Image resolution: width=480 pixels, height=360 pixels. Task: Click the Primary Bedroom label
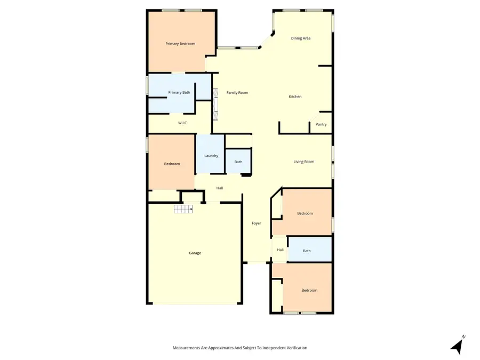tap(180, 44)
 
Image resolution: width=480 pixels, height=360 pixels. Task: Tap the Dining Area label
tap(301, 38)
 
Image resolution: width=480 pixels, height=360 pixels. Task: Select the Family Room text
tap(237, 93)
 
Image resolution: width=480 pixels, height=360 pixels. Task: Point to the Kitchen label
tap(295, 97)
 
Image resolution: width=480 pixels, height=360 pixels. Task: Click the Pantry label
tap(321, 125)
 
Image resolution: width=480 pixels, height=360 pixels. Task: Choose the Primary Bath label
tap(179, 93)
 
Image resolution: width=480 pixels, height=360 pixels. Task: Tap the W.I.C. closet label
tap(183, 123)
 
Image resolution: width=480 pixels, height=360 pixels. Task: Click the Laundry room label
tap(211, 156)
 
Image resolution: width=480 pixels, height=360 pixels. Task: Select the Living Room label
tap(304, 162)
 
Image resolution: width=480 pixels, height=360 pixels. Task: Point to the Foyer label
tap(257, 223)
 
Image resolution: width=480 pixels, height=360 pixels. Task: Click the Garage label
tap(195, 253)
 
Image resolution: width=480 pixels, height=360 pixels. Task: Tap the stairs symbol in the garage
tap(183, 210)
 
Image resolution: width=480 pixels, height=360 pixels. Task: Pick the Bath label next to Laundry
tap(238, 162)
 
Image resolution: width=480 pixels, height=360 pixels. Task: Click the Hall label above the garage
tap(219, 188)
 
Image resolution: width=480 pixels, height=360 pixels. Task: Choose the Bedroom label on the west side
tap(172, 164)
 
